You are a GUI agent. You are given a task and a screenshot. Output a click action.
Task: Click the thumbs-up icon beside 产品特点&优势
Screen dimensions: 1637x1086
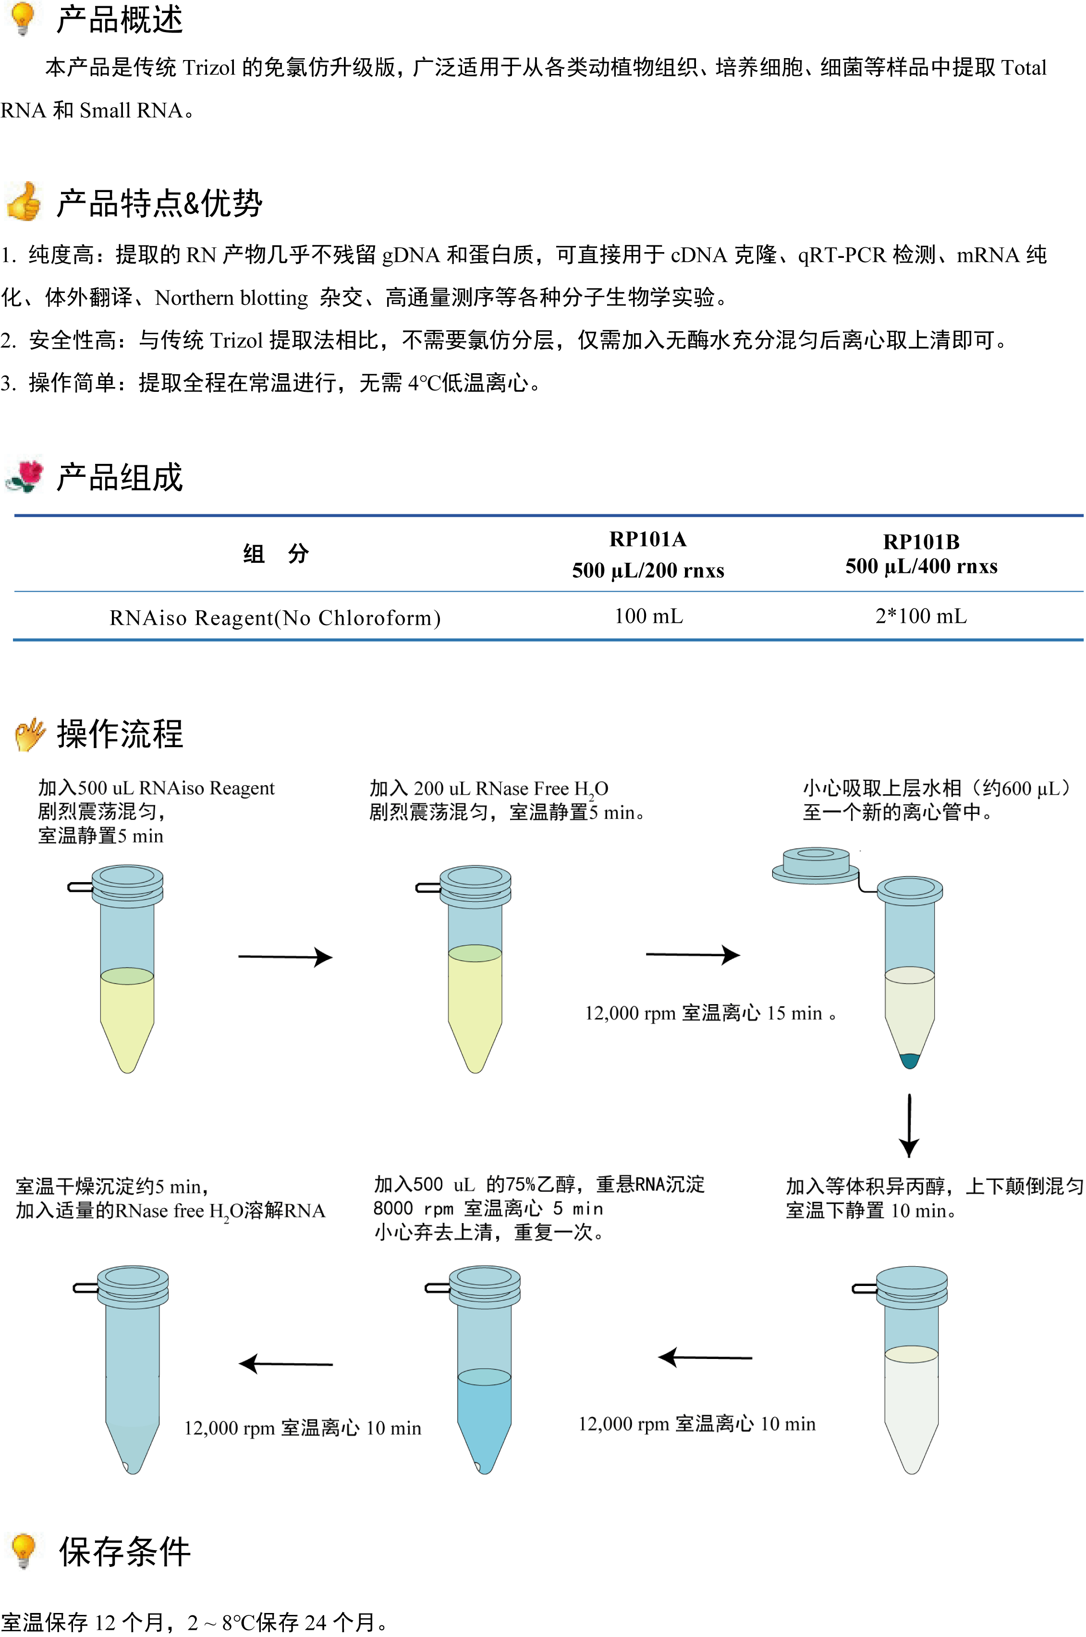(x=24, y=202)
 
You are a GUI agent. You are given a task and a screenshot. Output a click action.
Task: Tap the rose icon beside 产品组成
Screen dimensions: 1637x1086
(x=25, y=476)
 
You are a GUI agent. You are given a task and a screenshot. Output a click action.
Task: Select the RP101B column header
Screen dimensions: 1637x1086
(x=921, y=554)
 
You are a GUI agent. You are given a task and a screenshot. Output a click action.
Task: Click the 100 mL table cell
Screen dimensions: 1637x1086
(x=648, y=616)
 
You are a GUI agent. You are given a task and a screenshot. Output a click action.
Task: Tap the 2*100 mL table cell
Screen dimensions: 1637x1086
(x=921, y=616)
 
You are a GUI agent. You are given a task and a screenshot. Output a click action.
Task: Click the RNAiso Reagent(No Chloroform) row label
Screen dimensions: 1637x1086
(x=275, y=618)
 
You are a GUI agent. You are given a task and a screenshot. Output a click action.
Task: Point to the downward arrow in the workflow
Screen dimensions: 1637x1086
(x=909, y=1125)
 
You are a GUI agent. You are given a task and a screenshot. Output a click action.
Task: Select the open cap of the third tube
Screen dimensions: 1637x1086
(x=816, y=866)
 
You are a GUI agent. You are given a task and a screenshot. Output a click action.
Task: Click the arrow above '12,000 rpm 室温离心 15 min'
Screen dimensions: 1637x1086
(x=693, y=955)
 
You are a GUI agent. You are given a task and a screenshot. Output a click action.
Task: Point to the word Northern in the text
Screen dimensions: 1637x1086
(x=194, y=298)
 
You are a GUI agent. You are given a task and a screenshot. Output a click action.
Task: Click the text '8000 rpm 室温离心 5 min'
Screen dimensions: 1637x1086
(x=488, y=1208)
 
